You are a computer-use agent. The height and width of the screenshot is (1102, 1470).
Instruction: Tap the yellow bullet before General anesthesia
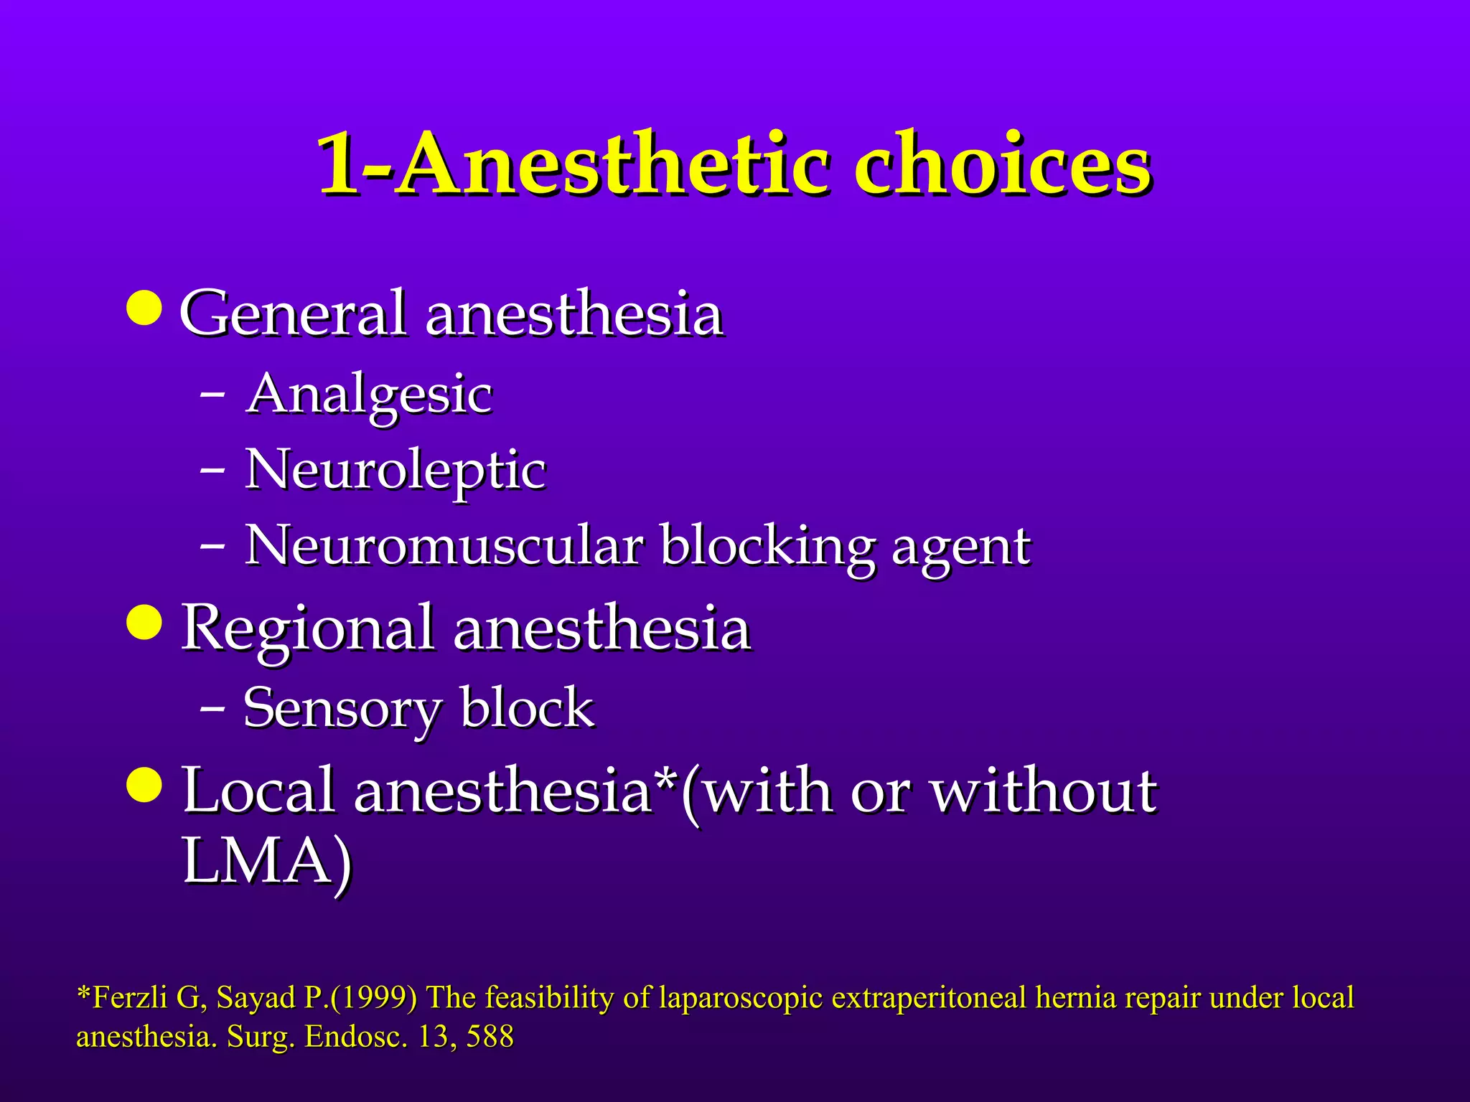point(144,308)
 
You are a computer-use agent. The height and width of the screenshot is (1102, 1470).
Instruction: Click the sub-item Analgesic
point(369,395)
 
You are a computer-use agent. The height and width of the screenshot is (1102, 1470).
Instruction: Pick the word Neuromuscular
point(443,547)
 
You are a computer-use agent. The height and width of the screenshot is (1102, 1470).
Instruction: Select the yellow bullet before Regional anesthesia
point(144,621)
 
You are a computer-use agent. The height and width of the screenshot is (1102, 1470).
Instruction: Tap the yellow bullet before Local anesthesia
point(144,784)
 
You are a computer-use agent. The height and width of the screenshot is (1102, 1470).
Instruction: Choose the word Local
point(259,791)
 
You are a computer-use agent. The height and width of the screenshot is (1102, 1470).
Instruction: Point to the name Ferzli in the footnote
point(130,998)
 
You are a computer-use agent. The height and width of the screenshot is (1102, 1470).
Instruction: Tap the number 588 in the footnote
point(490,1037)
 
